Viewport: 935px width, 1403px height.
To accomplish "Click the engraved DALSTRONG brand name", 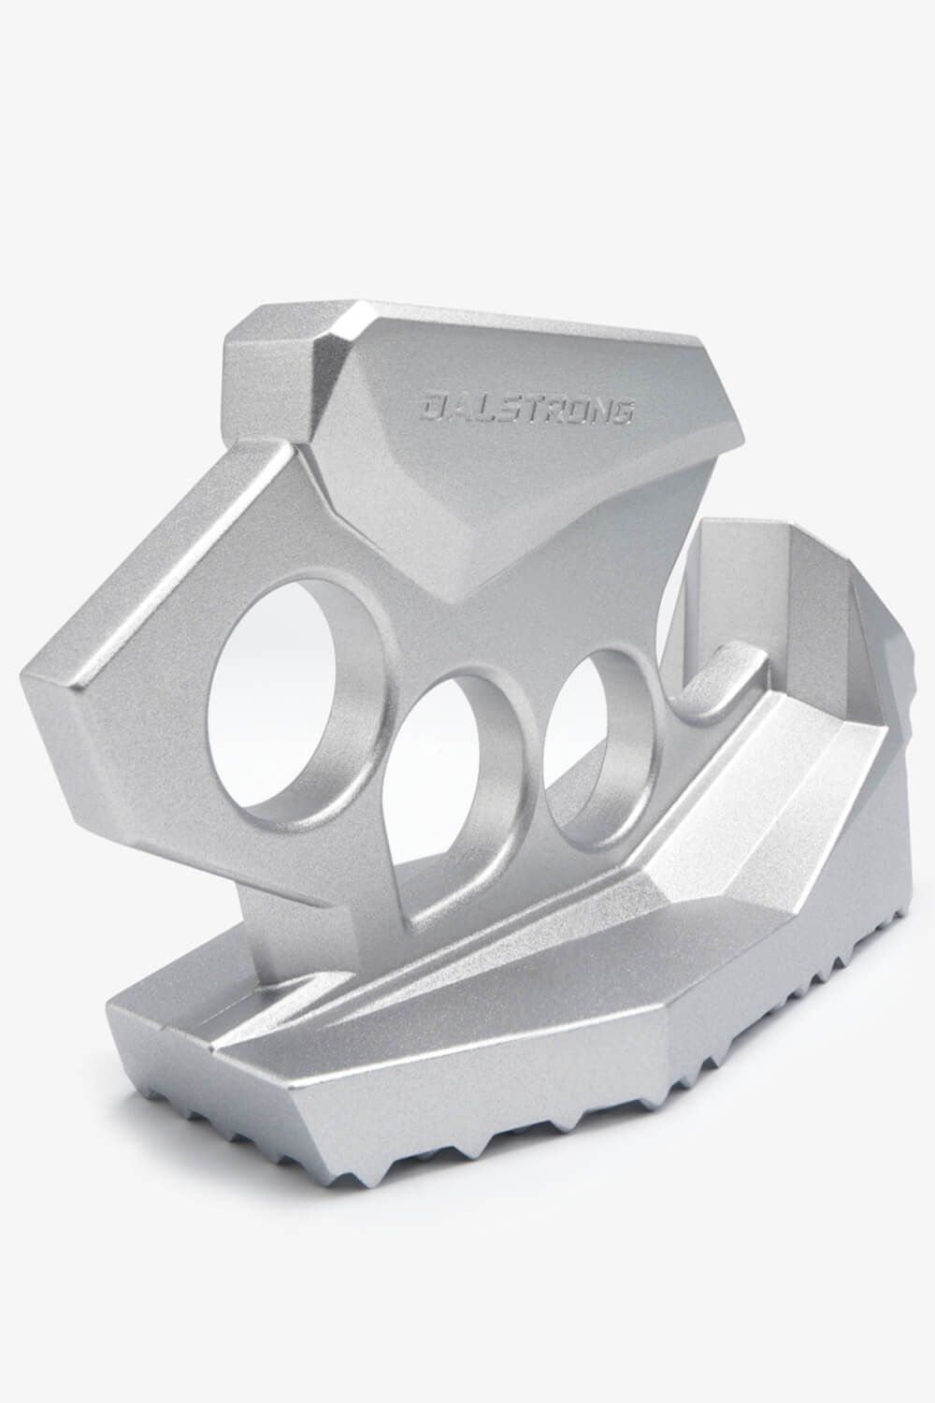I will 527,409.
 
